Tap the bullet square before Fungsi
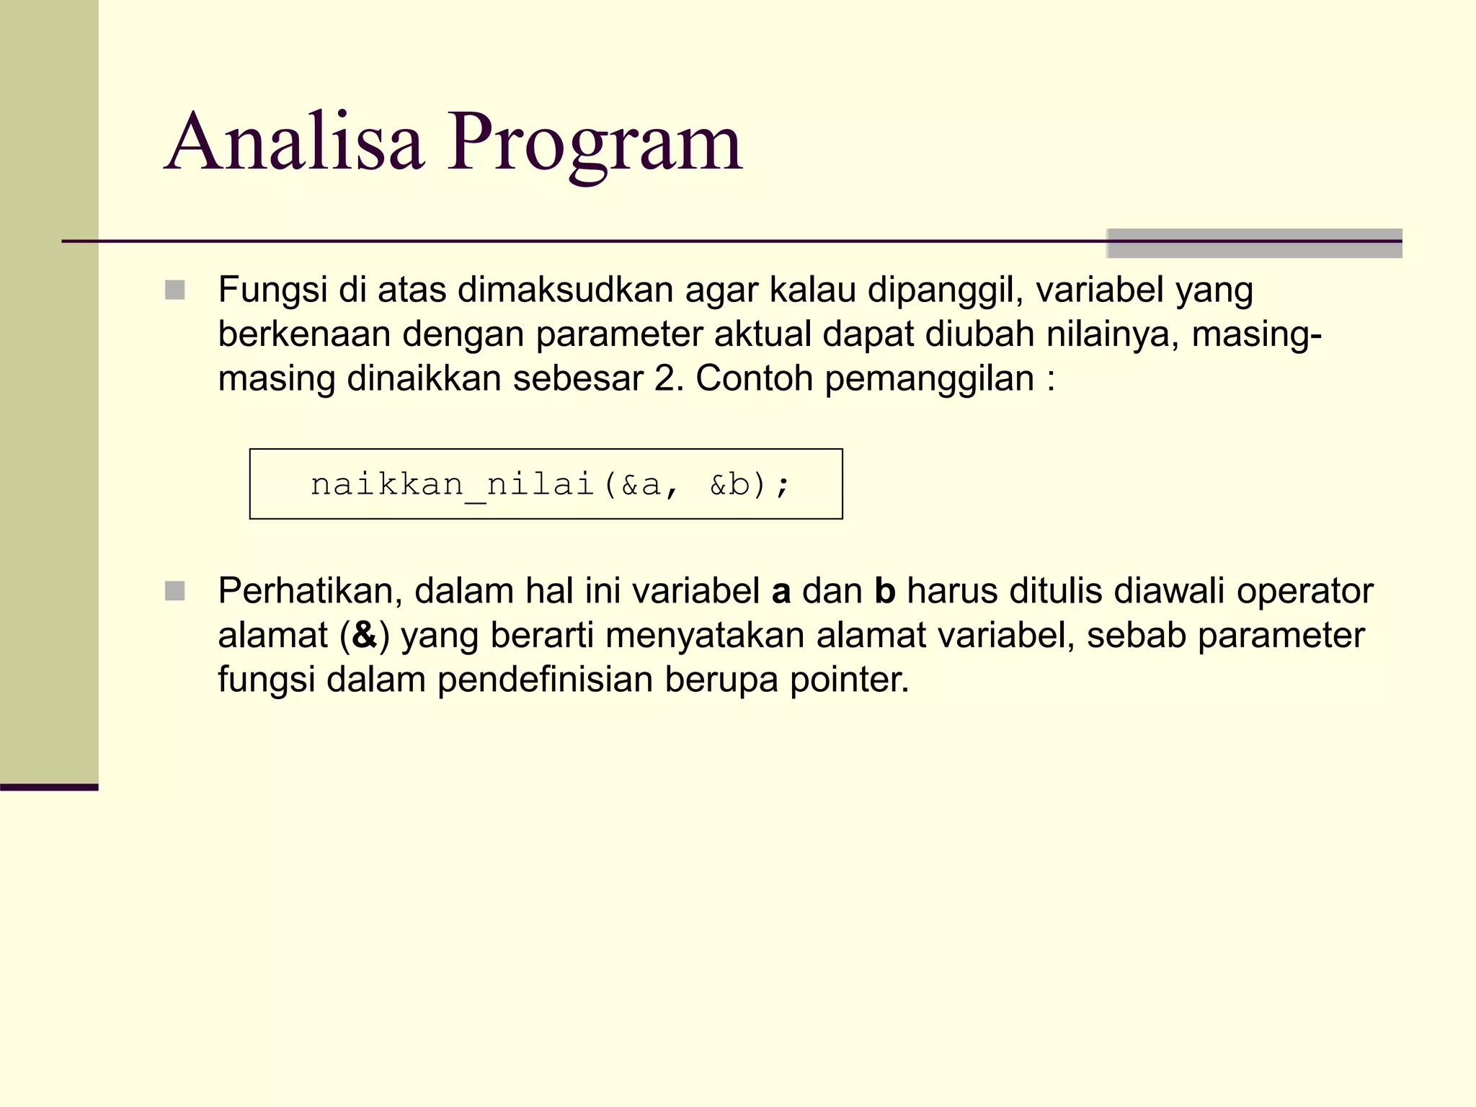175,290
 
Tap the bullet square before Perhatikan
175,591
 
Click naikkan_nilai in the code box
452,484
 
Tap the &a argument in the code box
641,484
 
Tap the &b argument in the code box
729,484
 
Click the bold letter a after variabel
781,592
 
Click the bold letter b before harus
885,591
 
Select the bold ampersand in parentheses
365,636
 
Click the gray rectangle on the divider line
1254,243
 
